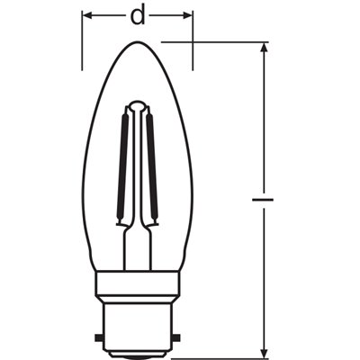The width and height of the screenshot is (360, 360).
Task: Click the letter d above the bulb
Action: (x=137, y=14)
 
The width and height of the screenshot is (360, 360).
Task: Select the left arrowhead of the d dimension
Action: (x=88, y=14)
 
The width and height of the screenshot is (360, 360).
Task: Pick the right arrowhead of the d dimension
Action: (x=187, y=14)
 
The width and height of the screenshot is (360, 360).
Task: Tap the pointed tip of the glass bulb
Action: (x=138, y=43)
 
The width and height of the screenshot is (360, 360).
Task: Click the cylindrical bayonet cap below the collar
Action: (x=138, y=324)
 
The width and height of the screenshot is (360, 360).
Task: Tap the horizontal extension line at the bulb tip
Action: (x=216, y=41)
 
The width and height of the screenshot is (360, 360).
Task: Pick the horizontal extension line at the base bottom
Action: (x=216, y=354)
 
